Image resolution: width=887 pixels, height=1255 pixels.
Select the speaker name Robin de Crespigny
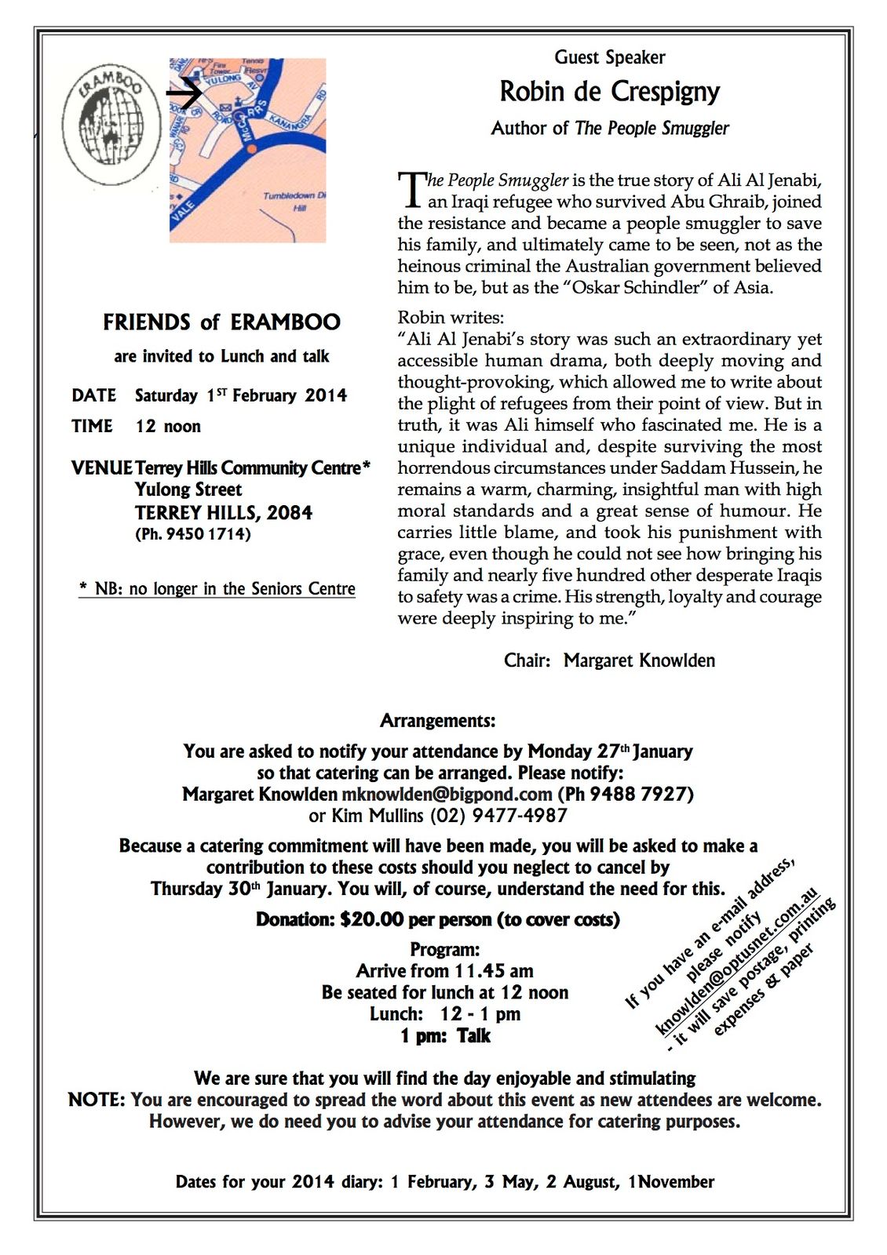tap(609, 92)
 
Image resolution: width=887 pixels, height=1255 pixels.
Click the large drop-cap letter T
tap(411, 191)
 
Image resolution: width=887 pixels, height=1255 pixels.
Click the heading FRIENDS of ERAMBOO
tap(221, 322)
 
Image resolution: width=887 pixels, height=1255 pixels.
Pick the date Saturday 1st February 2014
tap(240, 395)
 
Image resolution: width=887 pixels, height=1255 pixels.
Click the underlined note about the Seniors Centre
tap(217, 589)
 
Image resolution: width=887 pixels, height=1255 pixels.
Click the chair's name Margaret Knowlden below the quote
tap(639, 660)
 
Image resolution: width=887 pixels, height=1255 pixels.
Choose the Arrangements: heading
tap(438, 720)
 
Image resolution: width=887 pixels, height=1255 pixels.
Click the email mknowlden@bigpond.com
tap(447, 794)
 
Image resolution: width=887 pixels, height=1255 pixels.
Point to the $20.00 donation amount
tap(372, 919)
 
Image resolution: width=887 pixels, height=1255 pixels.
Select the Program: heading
tap(444, 949)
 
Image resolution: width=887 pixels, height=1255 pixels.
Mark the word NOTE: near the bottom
tap(96, 1100)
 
